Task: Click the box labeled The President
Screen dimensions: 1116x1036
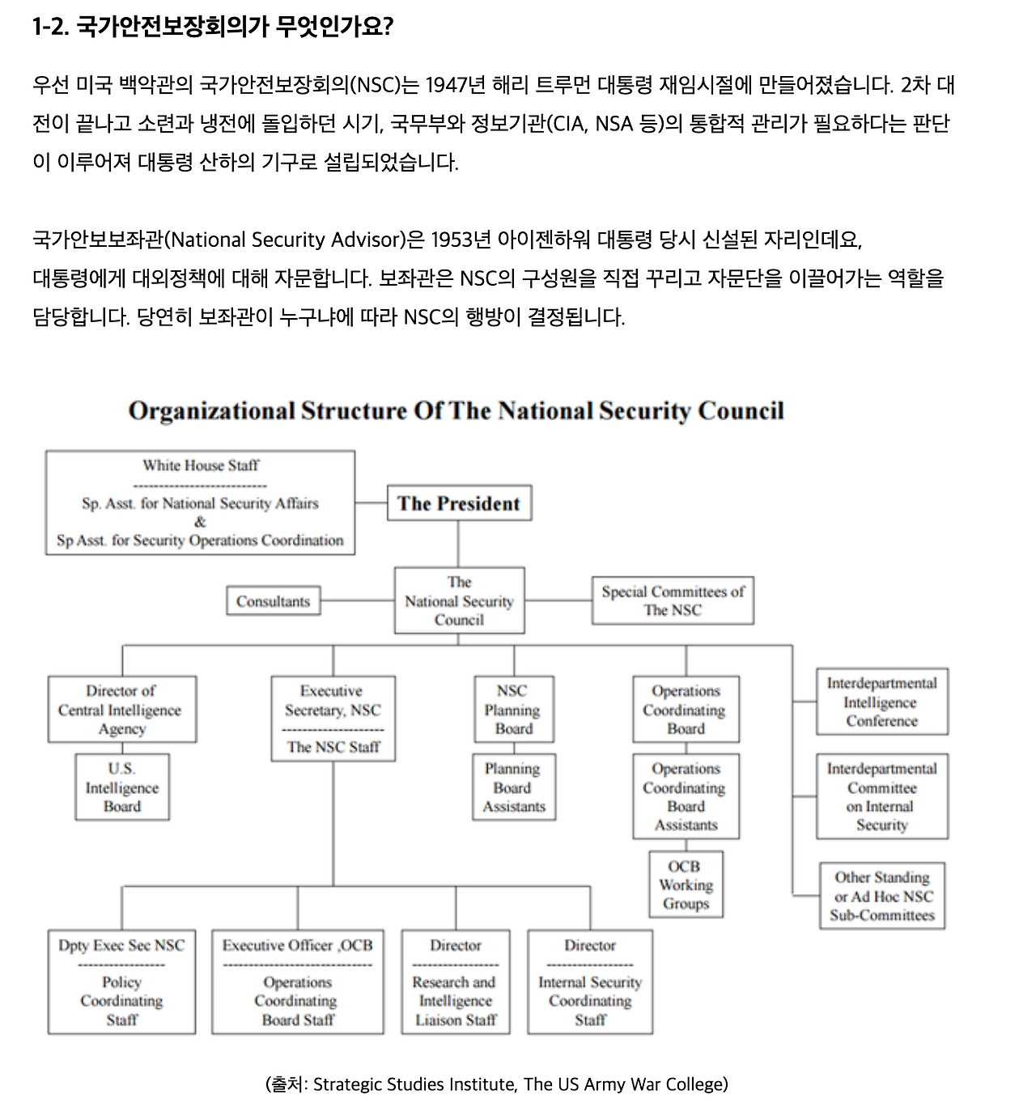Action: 459,503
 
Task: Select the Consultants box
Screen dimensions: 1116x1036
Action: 273,601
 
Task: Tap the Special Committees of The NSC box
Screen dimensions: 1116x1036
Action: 673,600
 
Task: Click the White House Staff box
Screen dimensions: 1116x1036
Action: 200,503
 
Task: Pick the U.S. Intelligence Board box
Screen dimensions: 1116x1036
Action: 122,787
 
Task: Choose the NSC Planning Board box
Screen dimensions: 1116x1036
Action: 514,710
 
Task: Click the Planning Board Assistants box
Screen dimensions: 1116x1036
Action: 514,787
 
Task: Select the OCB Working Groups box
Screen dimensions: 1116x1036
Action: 686,885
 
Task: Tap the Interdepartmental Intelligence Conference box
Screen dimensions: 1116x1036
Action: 881,702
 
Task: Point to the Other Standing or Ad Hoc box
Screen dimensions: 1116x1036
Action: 881,896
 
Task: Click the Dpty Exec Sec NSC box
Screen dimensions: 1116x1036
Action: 121,982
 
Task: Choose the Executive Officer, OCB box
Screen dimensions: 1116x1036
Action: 298,982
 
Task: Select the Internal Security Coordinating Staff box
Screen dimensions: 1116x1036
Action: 590,982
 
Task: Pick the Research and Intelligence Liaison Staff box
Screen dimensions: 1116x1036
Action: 456,982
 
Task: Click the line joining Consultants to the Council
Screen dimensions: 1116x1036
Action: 357,601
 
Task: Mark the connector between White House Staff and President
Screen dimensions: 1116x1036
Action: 371,503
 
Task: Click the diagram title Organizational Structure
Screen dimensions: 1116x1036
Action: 456,411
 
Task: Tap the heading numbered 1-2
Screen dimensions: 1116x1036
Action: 213,28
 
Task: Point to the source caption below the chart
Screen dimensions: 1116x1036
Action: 496,1084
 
